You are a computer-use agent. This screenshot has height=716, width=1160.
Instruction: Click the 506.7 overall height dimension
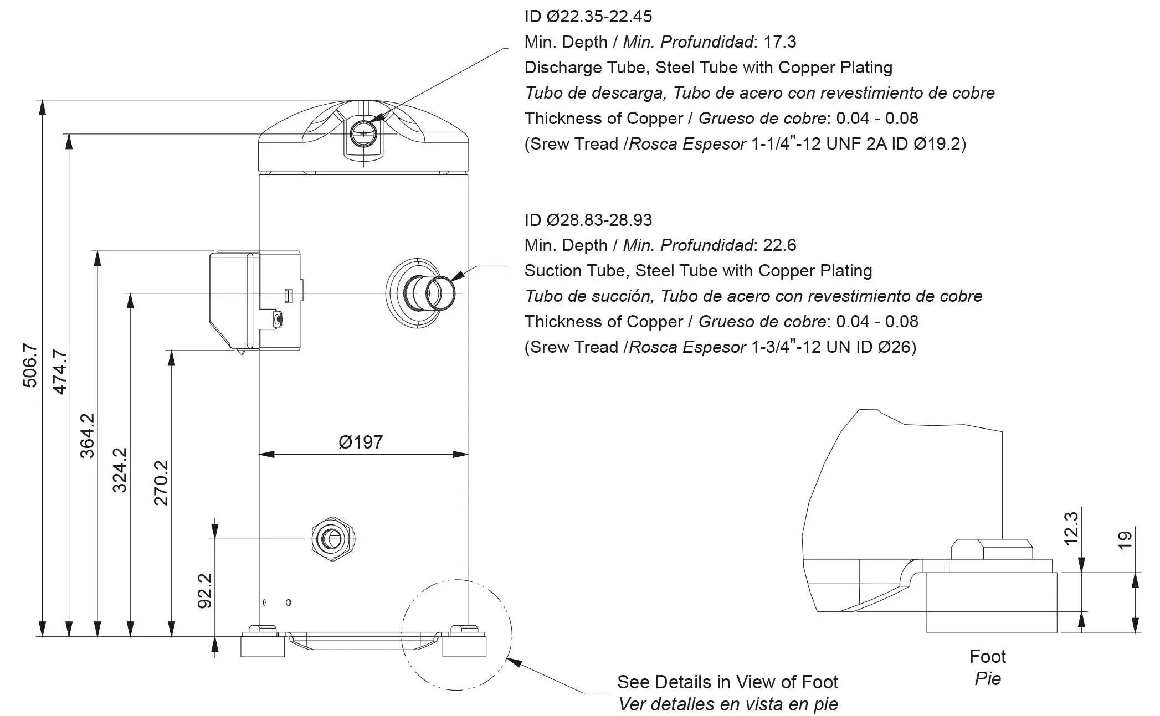click(30, 365)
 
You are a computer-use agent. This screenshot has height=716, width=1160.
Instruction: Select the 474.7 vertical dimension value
click(59, 372)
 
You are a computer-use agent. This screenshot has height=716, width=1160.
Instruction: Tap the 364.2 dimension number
click(88, 436)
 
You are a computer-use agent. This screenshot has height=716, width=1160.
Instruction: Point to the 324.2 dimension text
click(120, 470)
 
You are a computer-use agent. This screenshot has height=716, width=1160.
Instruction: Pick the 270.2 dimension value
click(161, 483)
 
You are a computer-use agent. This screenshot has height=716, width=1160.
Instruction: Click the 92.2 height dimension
click(205, 591)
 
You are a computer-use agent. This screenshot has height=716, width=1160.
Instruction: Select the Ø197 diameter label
click(361, 442)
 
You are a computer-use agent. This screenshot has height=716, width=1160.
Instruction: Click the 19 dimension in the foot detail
click(1125, 540)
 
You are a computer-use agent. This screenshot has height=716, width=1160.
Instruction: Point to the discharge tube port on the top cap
click(363, 133)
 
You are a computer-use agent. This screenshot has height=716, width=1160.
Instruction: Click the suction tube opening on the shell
click(442, 292)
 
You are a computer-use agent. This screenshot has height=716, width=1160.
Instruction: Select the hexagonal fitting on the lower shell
click(332, 539)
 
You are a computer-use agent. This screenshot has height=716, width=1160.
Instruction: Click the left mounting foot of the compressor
click(263, 644)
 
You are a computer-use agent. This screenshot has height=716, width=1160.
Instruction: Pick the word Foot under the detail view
click(987, 656)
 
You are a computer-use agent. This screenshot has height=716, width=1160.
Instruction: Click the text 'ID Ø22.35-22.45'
click(588, 16)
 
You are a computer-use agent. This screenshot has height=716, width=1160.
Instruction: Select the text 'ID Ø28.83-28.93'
click(588, 220)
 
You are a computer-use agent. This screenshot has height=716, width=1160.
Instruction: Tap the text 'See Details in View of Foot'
click(727, 682)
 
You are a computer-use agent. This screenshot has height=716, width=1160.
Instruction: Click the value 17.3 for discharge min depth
click(780, 42)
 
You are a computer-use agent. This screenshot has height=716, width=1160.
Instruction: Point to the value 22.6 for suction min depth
click(779, 245)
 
